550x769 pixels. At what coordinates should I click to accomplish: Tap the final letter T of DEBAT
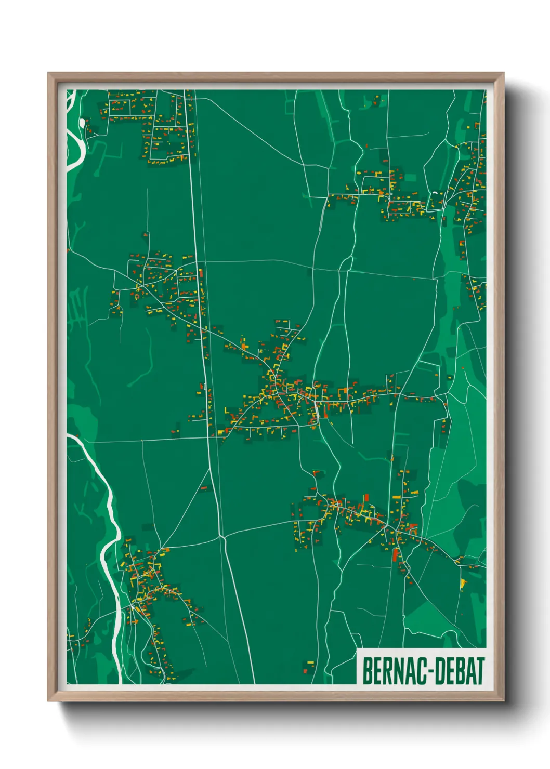pyautogui.click(x=479, y=671)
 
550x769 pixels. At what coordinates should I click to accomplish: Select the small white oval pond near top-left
pyautogui.click(x=82, y=123)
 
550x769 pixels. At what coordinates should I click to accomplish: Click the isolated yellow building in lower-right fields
pyautogui.click(x=463, y=584)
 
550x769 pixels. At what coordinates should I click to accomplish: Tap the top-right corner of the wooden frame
pyautogui.click(x=503, y=74)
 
